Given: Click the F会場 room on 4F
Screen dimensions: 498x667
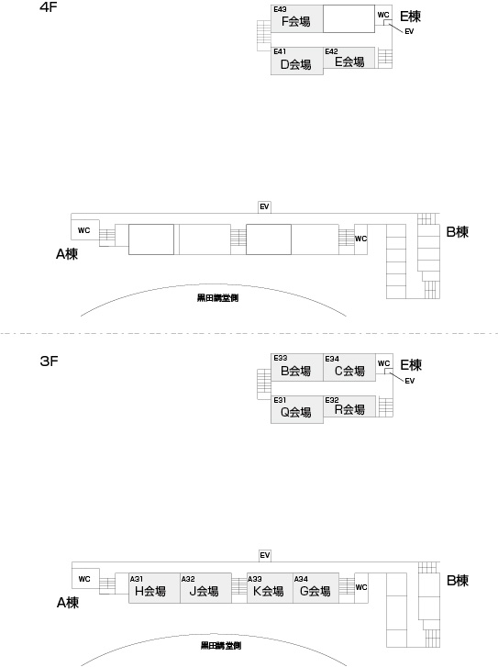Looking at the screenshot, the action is pyautogui.click(x=297, y=18).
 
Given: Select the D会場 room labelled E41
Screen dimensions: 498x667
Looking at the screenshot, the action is pyautogui.click(x=297, y=61).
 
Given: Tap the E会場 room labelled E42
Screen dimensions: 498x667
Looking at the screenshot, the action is pyautogui.click(x=349, y=58).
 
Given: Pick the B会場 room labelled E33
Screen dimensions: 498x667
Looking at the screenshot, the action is pyautogui.click(x=297, y=367).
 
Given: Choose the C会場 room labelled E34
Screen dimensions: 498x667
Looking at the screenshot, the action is pyautogui.click(x=349, y=367).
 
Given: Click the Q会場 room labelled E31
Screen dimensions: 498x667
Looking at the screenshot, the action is pyautogui.click(x=297, y=409).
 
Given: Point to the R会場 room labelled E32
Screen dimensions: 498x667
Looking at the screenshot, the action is pyautogui.click(x=349, y=406).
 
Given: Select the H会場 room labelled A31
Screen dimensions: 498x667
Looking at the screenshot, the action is pyautogui.click(x=154, y=588).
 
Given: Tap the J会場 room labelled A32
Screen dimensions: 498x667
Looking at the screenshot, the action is pyautogui.click(x=205, y=588).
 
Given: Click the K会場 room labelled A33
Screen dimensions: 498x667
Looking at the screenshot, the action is pyautogui.click(x=270, y=588).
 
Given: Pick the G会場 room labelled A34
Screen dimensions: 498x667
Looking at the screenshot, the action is pyautogui.click(x=316, y=588).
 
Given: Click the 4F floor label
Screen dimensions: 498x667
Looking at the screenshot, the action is pyautogui.click(x=48, y=7).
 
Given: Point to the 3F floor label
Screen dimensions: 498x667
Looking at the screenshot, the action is pyautogui.click(x=49, y=361).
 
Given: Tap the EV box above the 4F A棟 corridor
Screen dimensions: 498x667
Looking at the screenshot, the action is pyautogui.click(x=264, y=206).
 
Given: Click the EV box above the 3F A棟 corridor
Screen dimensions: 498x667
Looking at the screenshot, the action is pyautogui.click(x=264, y=556).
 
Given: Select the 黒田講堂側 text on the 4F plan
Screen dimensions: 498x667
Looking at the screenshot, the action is pyautogui.click(x=217, y=298).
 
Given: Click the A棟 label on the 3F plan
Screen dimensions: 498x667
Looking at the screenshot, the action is pyautogui.click(x=68, y=603).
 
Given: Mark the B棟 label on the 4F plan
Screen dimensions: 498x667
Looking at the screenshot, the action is pyautogui.click(x=457, y=232).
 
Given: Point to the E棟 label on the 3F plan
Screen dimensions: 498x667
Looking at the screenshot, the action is pyautogui.click(x=411, y=365).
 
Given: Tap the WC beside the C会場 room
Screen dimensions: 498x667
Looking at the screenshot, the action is pyautogui.click(x=383, y=363).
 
